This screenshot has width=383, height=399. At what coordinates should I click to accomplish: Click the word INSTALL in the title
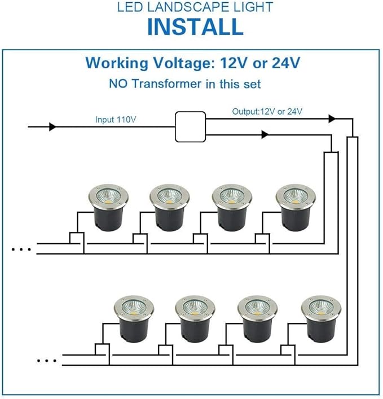click(x=195, y=27)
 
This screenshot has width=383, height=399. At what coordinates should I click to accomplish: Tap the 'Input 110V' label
click(x=116, y=119)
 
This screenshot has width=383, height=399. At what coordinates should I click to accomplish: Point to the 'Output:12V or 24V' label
click(x=267, y=111)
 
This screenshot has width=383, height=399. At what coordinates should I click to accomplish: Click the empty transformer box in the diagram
click(x=190, y=127)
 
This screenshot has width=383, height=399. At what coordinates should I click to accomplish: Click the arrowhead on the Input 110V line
click(x=52, y=126)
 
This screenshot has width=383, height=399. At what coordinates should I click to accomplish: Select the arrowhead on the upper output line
click(x=332, y=119)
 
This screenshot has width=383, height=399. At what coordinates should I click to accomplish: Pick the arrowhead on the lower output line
click(x=265, y=134)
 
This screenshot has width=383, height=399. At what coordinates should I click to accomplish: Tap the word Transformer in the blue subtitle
click(x=168, y=84)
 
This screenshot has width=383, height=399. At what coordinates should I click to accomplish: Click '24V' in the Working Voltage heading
click(x=286, y=63)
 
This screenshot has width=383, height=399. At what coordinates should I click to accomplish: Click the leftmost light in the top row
click(x=109, y=207)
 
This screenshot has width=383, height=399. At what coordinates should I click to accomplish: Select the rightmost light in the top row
click(x=296, y=207)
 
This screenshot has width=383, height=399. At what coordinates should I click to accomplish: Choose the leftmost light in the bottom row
click(x=134, y=319)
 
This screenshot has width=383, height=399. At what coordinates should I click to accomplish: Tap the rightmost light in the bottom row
click(x=322, y=319)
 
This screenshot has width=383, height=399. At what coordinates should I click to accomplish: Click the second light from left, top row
click(x=170, y=207)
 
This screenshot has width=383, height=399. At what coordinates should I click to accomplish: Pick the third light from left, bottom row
click(x=258, y=319)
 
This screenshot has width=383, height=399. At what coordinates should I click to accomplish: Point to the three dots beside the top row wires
click(x=21, y=249)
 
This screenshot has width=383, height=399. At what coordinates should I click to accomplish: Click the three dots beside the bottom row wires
click(x=47, y=361)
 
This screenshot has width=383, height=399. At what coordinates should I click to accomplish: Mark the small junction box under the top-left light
click(x=77, y=238)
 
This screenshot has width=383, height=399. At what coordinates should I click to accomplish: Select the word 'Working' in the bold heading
click(x=117, y=63)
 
